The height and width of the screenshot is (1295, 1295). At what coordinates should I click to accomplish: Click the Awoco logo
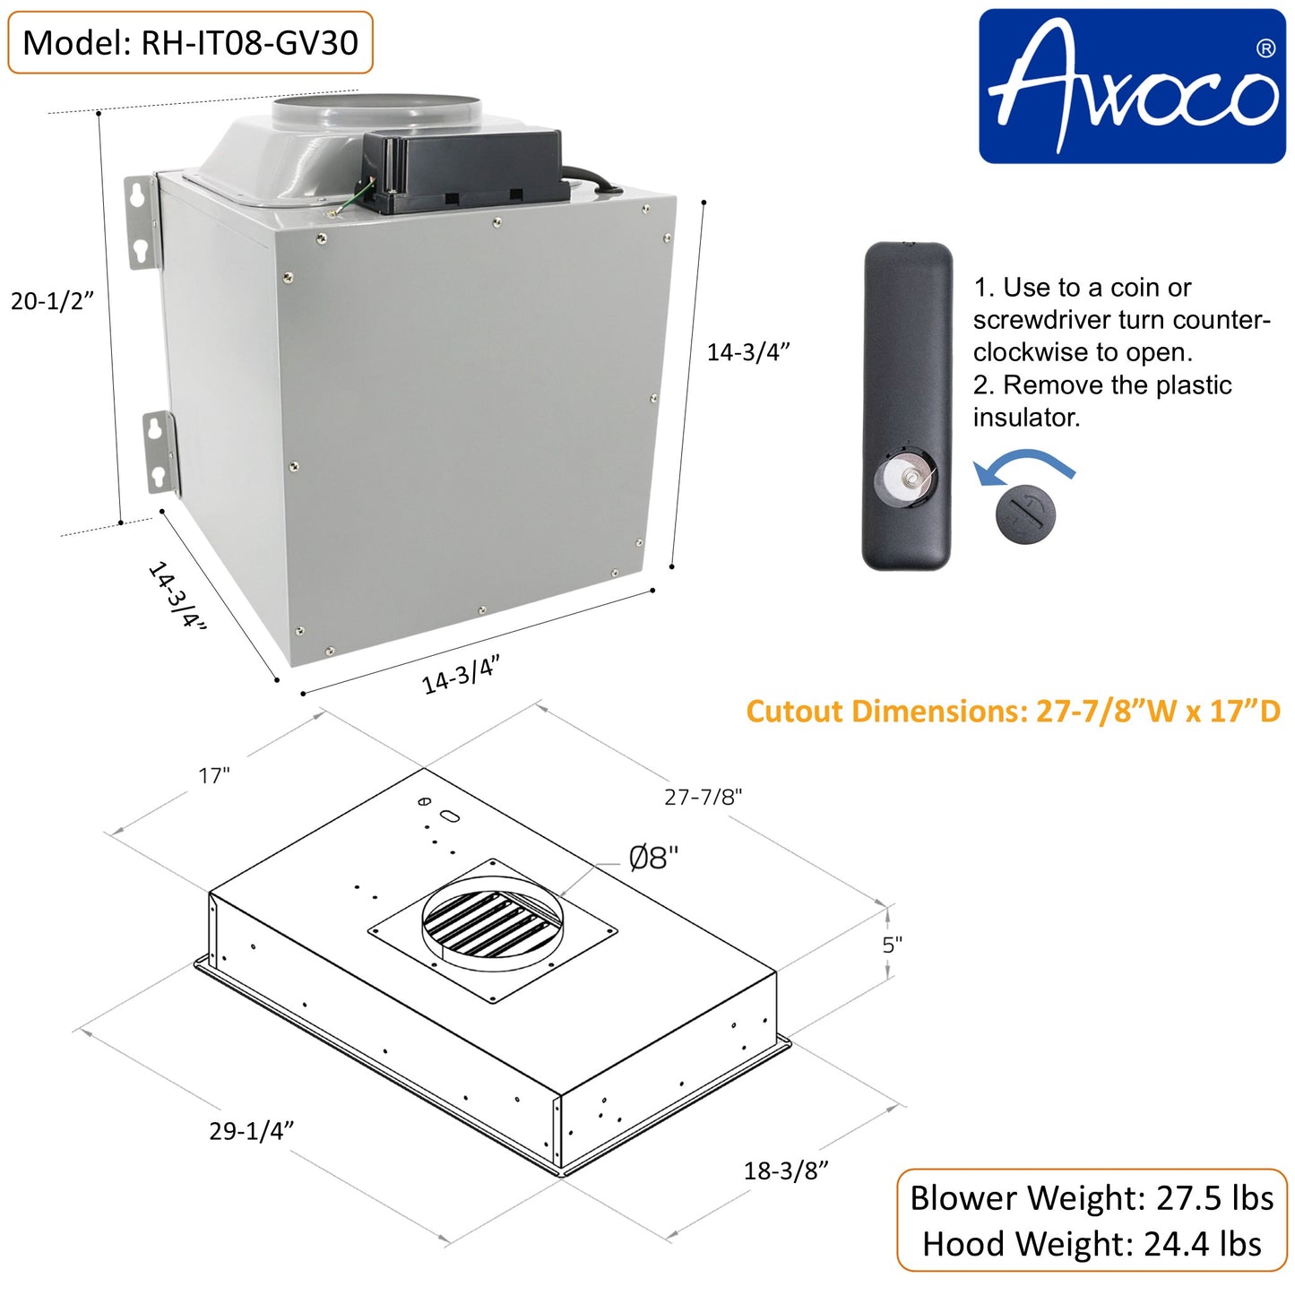click(x=1132, y=86)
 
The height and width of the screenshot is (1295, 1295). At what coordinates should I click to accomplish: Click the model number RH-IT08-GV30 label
click(x=190, y=42)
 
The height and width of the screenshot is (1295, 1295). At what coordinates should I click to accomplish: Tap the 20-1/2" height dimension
click(x=52, y=301)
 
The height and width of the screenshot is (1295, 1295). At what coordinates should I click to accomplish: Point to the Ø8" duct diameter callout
click(x=653, y=859)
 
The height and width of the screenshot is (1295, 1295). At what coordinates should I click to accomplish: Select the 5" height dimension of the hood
click(x=892, y=945)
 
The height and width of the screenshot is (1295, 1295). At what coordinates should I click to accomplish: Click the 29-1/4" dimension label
click(x=251, y=1131)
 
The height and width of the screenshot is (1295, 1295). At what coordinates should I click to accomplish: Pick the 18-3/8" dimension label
click(x=785, y=1170)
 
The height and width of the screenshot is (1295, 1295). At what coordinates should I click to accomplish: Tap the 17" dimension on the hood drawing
click(x=214, y=775)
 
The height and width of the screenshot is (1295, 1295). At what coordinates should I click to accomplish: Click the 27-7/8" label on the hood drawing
click(x=703, y=797)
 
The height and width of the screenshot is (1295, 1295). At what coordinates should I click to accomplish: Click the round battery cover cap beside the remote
click(x=1025, y=514)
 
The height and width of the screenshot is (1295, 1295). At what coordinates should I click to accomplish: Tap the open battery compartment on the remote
click(x=905, y=477)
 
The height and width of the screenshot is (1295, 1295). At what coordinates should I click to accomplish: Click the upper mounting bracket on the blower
click(x=141, y=221)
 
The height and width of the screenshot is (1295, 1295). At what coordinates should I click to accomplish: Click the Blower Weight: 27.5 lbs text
click(x=1092, y=1198)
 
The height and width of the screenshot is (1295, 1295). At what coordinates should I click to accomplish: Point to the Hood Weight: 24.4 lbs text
click(x=1092, y=1244)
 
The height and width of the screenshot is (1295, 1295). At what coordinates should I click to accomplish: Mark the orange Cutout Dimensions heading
click(x=1013, y=712)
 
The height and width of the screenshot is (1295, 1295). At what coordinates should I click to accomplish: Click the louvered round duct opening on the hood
click(x=492, y=922)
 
